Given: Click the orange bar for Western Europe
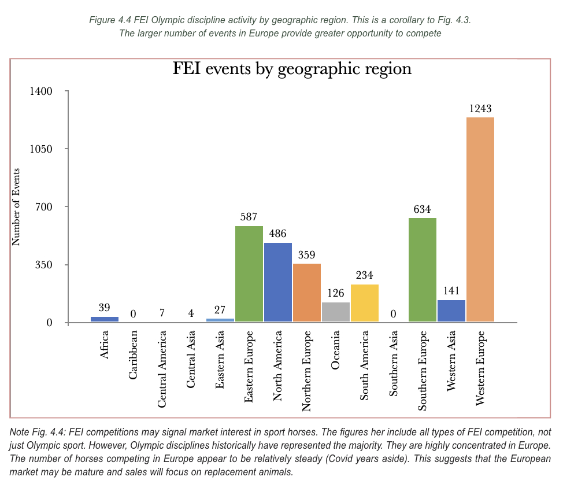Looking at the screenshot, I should [x=480, y=220].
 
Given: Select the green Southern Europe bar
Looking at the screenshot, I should [x=422, y=269].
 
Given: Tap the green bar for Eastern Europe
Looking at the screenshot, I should [x=249, y=274].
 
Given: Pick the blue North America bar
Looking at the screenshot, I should [x=278, y=282].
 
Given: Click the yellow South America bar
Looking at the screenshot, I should [x=365, y=303].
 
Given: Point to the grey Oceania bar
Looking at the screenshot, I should [x=336, y=312].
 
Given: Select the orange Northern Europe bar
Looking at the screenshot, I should [x=307, y=293].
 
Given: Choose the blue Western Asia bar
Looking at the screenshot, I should [x=451, y=311].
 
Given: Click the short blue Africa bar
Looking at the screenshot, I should [x=105, y=319].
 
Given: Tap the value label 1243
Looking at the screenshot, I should [x=480, y=108].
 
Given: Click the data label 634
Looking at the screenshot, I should [x=423, y=209].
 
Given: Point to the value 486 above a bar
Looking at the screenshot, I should [x=278, y=234].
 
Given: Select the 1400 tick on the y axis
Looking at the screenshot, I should [x=42, y=91].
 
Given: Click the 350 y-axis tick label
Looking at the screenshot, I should [x=44, y=265].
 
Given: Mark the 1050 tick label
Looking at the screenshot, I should [x=42, y=149].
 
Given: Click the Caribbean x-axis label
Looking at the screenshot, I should [x=134, y=354].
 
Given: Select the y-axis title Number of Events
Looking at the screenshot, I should [x=16, y=206].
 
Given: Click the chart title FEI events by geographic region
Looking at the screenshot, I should [x=292, y=69].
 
